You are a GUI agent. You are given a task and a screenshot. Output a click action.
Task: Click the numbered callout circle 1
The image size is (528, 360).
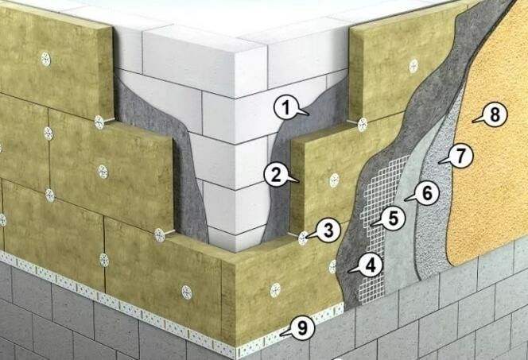coord(286,108)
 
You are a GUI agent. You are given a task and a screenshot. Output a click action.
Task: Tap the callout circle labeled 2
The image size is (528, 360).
coord(276,175)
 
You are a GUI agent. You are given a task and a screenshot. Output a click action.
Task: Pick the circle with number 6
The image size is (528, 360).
coord(426,193)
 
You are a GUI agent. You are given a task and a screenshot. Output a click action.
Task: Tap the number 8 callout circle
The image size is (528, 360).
coord(495,114)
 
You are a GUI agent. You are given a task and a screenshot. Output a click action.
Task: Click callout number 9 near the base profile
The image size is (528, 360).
coord(302,327)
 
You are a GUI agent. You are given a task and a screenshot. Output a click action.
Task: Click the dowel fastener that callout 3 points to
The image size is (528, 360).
coord(304,238)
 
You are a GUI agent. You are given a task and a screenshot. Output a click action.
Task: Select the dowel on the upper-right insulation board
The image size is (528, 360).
coord(413,66)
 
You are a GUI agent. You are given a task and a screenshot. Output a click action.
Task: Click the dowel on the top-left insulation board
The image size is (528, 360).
coord(46,60)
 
